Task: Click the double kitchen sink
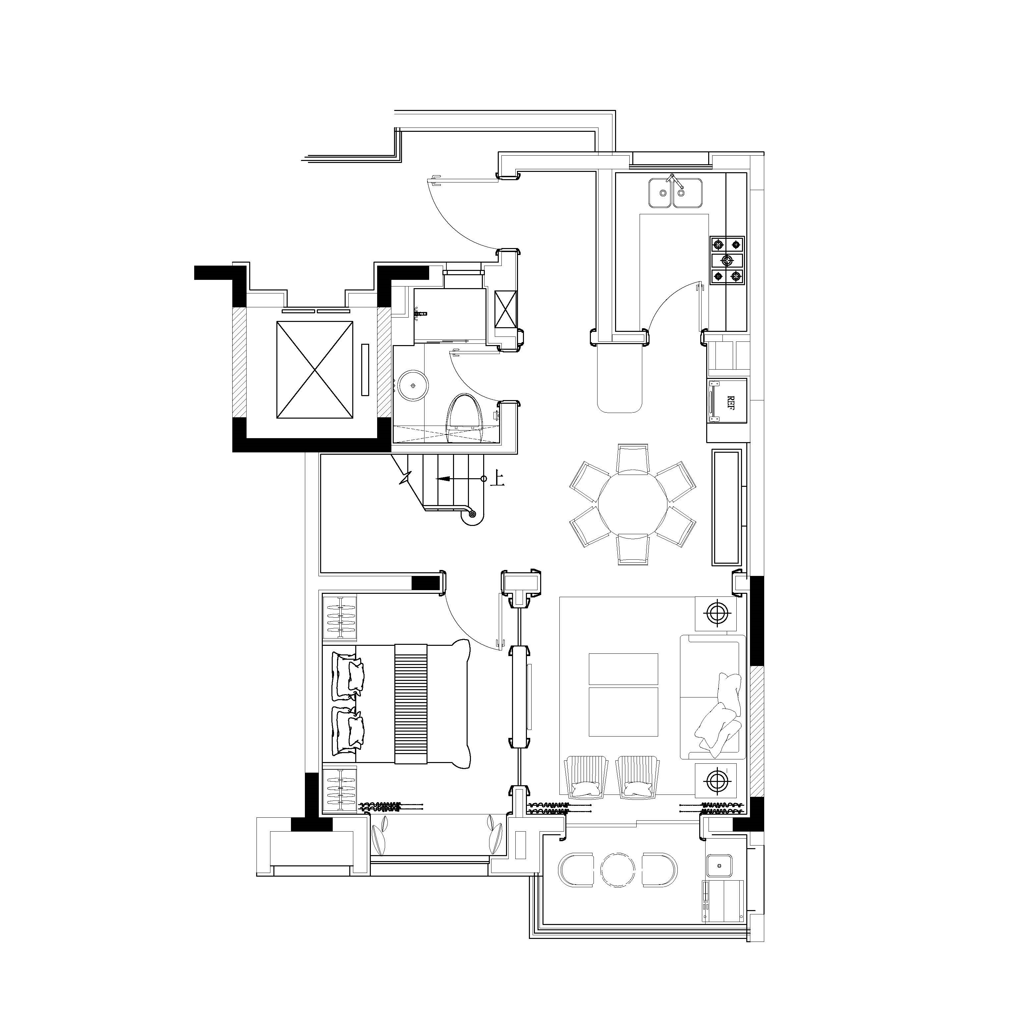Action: point(675,193)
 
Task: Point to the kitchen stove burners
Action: point(727,260)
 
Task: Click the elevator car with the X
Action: point(315,370)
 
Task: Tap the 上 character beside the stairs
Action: point(496,478)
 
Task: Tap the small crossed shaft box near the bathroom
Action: point(505,310)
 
